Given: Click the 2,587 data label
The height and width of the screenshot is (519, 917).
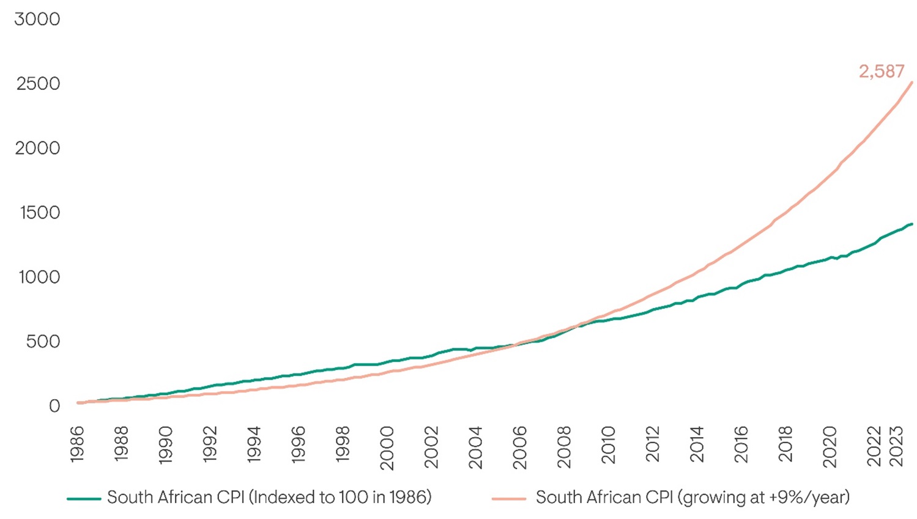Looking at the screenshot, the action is (x=882, y=72).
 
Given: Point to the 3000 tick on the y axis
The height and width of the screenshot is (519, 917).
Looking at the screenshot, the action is (x=37, y=19).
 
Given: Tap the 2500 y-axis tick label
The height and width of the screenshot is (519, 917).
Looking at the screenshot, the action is (x=38, y=84).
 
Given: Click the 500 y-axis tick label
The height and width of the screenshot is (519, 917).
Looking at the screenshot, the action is (x=43, y=342).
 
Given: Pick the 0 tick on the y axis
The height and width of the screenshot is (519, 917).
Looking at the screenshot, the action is (x=54, y=406).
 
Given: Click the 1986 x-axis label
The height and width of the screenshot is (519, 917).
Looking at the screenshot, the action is (x=77, y=444).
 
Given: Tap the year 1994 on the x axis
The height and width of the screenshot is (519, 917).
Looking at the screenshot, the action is (x=254, y=444).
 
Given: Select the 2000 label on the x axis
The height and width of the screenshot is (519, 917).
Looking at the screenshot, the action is (x=387, y=448).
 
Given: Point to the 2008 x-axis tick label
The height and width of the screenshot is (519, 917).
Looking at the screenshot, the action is (x=563, y=447).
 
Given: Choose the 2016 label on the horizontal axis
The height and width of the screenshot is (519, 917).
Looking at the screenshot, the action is (x=741, y=444).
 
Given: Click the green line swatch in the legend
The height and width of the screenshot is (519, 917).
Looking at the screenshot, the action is (x=84, y=499).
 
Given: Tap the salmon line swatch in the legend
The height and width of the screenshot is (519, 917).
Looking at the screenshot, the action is (x=509, y=499).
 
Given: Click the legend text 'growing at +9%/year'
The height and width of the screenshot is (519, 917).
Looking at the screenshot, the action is (x=764, y=498).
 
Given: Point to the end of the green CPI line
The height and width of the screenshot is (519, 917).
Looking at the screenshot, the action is (x=912, y=224).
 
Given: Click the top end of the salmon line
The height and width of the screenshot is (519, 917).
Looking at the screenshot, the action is (x=912, y=83).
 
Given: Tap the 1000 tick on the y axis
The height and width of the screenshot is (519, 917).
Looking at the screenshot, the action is (x=39, y=278).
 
